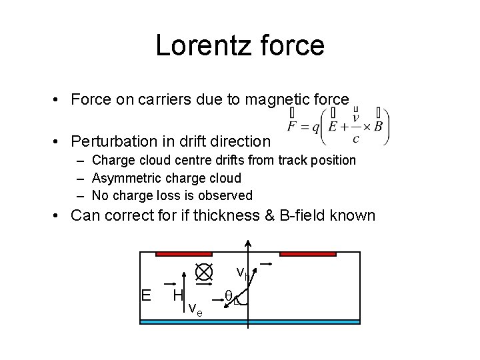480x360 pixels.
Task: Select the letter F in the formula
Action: click(292, 126)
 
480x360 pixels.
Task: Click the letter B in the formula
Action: click(378, 126)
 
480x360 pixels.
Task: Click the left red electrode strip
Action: click(184, 254)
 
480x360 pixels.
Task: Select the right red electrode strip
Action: click(307, 254)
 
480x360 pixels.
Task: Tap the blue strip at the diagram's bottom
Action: click(250, 322)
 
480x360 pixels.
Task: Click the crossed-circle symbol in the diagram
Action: click(203, 272)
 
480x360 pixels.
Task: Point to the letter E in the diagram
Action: click(145, 295)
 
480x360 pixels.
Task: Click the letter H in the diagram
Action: click(177, 295)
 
